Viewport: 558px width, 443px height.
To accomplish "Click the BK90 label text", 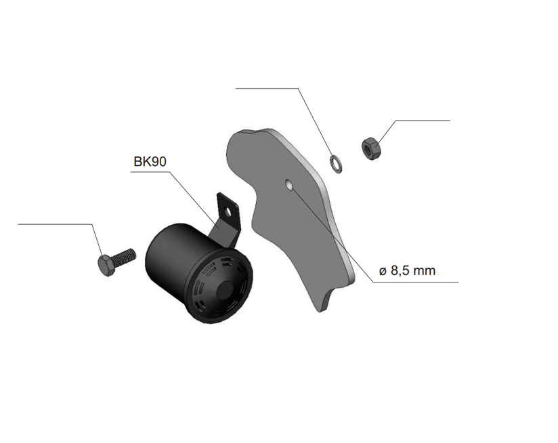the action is coord(150,162).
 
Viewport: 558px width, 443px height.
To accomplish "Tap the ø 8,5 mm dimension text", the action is coord(407,271).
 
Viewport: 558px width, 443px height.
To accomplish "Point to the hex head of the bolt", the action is coord(106,265).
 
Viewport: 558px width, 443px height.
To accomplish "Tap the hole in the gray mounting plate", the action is coord(289,185).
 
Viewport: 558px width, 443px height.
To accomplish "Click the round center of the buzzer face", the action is coord(226,291).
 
